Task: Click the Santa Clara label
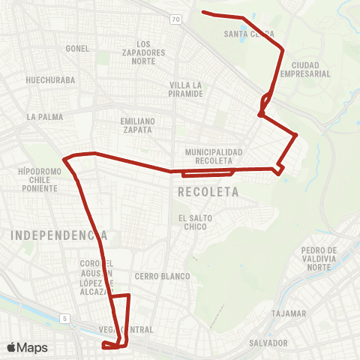point(249,34)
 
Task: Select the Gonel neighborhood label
point(77,48)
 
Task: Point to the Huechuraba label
point(47,78)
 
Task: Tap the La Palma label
point(45,117)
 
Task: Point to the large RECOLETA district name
point(208,193)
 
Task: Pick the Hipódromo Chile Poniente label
point(38,180)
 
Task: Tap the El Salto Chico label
point(193,222)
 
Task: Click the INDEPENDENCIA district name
point(58,235)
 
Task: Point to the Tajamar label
point(289,313)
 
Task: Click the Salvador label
point(270,343)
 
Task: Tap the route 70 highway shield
point(175,19)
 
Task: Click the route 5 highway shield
point(66,319)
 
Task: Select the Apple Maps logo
point(28,347)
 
